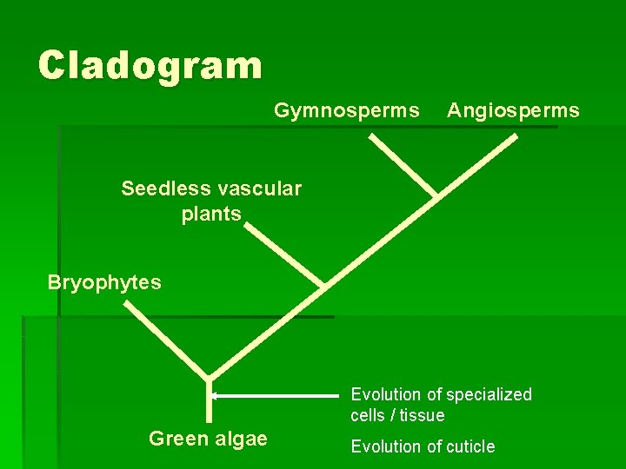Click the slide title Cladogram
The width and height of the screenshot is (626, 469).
click(x=150, y=65)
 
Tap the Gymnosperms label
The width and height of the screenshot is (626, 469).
click(x=346, y=110)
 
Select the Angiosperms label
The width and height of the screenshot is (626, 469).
click(x=513, y=110)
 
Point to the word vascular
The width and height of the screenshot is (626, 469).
click(x=258, y=188)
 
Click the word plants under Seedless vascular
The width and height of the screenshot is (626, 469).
click(x=211, y=214)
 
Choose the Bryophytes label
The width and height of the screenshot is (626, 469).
click(x=104, y=282)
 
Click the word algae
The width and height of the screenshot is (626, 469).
click(x=239, y=439)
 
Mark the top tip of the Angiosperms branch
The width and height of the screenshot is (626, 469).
click(x=516, y=135)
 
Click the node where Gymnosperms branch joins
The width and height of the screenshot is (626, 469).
click(x=435, y=195)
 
